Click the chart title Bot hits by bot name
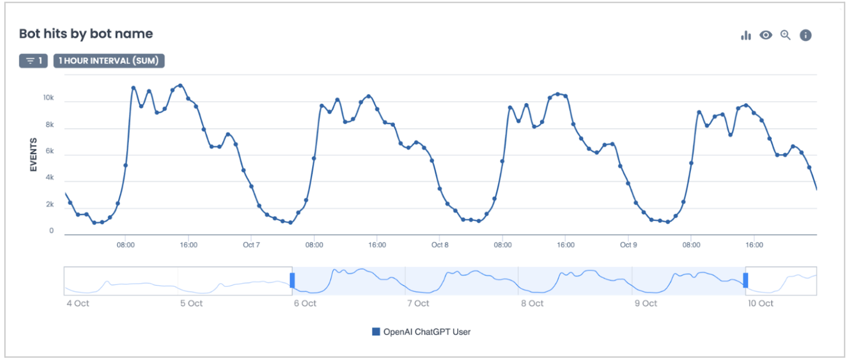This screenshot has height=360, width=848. [x=86, y=34]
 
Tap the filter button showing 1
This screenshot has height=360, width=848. [x=33, y=61]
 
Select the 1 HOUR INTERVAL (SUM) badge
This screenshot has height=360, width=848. [x=109, y=61]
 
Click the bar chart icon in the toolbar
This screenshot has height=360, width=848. [x=746, y=35]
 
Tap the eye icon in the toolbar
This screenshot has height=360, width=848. [x=766, y=35]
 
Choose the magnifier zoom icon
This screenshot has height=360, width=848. [x=786, y=35]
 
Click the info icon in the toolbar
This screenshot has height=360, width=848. [x=806, y=35]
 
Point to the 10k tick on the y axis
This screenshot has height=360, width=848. [x=48, y=98]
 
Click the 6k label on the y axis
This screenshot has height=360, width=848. [x=49, y=151]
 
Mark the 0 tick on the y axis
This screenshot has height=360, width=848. [x=52, y=231]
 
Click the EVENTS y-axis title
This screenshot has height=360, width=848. [x=33, y=155]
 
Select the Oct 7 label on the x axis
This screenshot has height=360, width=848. [x=251, y=245]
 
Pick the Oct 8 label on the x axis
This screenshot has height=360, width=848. [x=440, y=245]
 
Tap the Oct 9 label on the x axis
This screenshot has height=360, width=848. [x=628, y=245]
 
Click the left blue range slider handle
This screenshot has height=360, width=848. [x=292, y=280]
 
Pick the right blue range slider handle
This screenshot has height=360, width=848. [x=745, y=280]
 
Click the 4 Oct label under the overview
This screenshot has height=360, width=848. [x=78, y=304]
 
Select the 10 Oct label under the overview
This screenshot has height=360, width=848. [x=760, y=304]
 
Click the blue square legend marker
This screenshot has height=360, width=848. [x=376, y=332]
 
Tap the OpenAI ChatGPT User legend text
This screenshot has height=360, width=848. [x=427, y=332]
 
